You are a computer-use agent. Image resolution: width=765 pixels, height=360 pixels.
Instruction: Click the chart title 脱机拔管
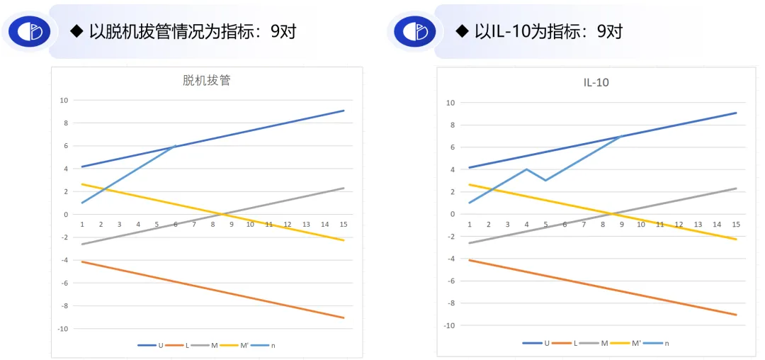pyautogui.click(x=206, y=81)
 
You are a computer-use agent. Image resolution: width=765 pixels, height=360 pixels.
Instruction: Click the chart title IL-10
pyautogui.click(x=591, y=83)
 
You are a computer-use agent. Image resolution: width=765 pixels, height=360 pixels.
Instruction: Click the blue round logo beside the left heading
pyautogui.click(x=30, y=31)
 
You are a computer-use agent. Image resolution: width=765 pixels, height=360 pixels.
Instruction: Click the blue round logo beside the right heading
pyautogui.click(x=416, y=31)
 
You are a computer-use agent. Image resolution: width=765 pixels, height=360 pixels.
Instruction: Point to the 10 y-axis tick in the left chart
pyautogui.click(x=63, y=100)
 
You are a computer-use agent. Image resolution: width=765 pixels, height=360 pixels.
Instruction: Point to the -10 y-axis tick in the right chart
pyautogui.click(x=448, y=325)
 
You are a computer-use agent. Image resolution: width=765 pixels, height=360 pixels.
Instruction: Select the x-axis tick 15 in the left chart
pyautogui.click(x=344, y=225)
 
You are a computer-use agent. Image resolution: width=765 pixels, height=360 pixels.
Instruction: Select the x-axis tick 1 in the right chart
pyautogui.click(x=470, y=225)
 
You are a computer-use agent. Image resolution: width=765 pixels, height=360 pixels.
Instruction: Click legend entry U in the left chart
pyautogui.click(x=153, y=345)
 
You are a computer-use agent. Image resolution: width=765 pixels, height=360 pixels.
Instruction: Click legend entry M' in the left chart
pyautogui.click(x=236, y=345)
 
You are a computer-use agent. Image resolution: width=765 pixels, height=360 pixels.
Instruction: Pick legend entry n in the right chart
pyautogui.click(x=658, y=343)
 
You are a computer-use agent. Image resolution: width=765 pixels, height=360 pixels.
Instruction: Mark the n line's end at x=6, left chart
pyautogui.click(x=176, y=146)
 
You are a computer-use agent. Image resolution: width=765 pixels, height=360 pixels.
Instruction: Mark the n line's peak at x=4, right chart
pyautogui.click(x=526, y=169)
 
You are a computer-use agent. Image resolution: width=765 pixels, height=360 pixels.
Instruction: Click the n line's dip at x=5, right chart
pyautogui.click(x=545, y=180)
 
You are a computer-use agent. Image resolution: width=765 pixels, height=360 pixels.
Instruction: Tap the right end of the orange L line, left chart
pyautogui.click(x=344, y=317)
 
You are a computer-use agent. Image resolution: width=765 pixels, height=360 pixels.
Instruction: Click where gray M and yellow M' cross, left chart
pyautogui.click(x=222, y=214)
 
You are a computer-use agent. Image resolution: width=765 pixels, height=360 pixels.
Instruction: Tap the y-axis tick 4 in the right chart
pyautogui.click(x=450, y=169)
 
